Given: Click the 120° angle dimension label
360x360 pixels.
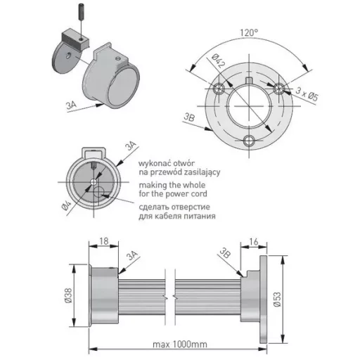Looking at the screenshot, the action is [x=249, y=32].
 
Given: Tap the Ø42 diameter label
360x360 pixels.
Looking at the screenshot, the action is [x=219, y=61].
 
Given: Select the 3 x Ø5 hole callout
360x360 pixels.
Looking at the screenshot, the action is [x=307, y=94].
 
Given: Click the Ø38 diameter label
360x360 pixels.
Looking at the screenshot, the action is [x=68, y=295].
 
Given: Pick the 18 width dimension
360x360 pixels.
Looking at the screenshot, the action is [x=104, y=241].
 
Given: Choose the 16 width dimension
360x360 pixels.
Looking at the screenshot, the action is [x=254, y=242].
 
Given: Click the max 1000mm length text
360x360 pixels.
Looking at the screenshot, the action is [x=180, y=345].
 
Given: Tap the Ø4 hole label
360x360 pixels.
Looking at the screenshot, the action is [x=66, y=206].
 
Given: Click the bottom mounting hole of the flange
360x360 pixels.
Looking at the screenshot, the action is [x=249, y=141].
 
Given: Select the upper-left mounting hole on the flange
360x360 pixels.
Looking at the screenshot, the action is [x=219, y=89].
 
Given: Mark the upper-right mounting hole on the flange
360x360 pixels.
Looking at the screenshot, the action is [x=279, y=89].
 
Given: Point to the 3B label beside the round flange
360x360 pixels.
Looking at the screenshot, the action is [x=189, y=117].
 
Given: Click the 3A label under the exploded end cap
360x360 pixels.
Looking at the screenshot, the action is [x=71, y=105].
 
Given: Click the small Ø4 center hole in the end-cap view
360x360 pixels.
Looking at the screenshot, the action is [x=94, y=182].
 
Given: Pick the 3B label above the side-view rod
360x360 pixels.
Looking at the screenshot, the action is [x=225, y=253].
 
